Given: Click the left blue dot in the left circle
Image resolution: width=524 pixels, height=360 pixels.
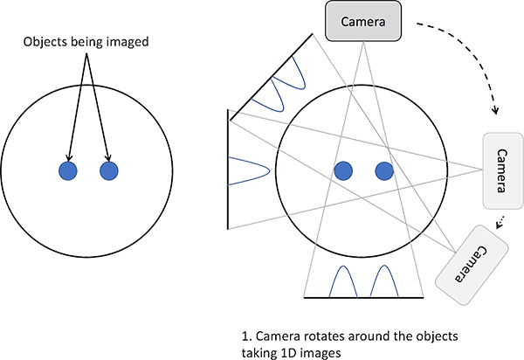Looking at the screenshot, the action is pyautogui.click(x=67, y=170).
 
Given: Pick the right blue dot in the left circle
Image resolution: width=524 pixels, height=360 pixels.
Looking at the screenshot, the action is pyautogui.click(x=108, y=170).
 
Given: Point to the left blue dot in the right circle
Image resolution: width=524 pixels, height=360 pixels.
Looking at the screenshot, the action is pyautogui.click(x=342, y=170).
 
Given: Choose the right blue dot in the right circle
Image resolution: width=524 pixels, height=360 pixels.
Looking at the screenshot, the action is pyautogui.click(x=383, y=170).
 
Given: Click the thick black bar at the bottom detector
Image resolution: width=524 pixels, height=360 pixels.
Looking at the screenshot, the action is pyautogui.click(x=363, y=297).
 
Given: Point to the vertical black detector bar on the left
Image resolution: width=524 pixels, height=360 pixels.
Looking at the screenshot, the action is pyautogui.click(x=228, y=170).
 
